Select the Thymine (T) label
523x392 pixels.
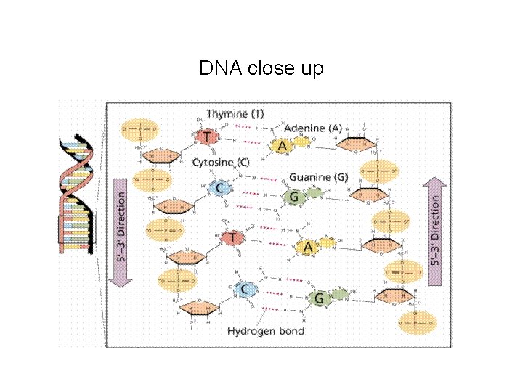point(235,114)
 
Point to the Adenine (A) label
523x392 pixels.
point(313,128)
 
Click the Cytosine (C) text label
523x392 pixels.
point(222,163)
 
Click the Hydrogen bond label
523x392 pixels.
point(266,331)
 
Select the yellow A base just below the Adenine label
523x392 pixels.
point(283,146)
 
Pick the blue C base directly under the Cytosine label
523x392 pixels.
point(222,189)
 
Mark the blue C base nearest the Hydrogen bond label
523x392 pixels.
point(246,290)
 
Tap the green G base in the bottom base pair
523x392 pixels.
point(317,298)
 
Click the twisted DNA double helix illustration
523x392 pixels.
point(77,195)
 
